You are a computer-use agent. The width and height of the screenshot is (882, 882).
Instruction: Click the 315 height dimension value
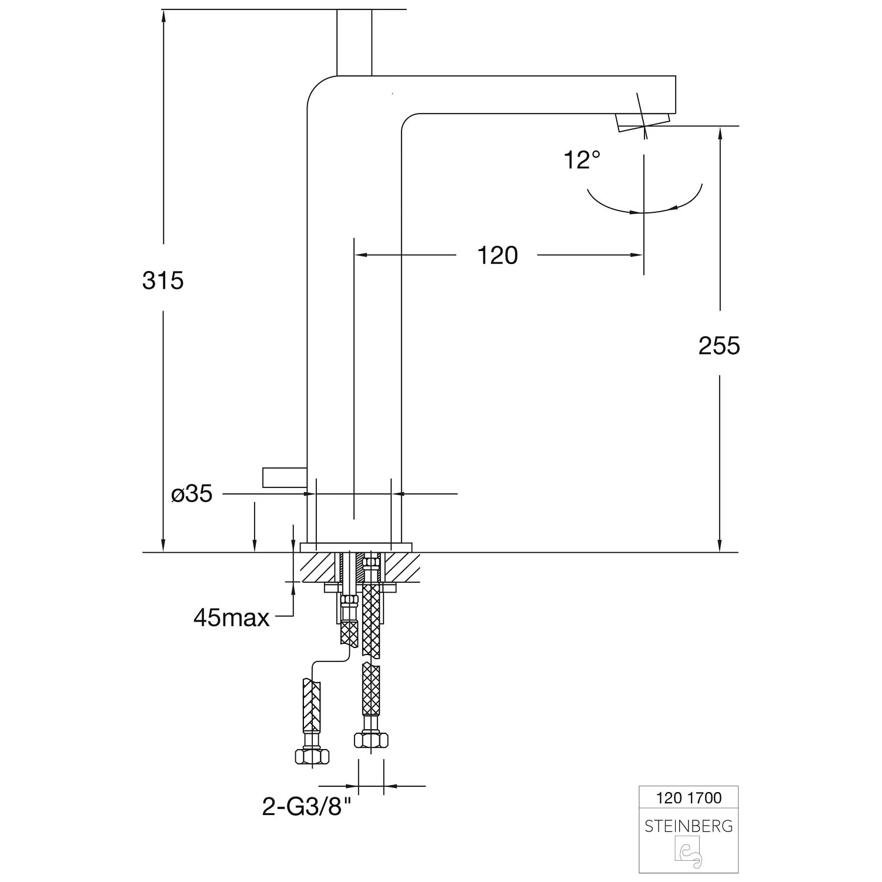pyautogui.click(x=163, y=280)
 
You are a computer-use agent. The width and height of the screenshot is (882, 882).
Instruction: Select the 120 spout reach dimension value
pyautogui.click(x=497, y=255)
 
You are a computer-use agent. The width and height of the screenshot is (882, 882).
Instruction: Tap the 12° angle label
pyautogui.click(x=582, y=159)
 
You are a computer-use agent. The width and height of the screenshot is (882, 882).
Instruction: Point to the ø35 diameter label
pyautogui.click(x=192, y=494)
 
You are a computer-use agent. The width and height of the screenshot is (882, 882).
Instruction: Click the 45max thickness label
pyautogui.click(x=232, y=617)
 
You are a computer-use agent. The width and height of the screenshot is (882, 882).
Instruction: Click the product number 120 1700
pyautogui.click(x=689, y=798)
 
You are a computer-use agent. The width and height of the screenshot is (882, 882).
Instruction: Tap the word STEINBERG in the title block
pyautogui.click(x=689, y=826)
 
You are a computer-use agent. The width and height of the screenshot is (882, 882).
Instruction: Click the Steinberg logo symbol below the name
pyautogui.click(x=689, y=854)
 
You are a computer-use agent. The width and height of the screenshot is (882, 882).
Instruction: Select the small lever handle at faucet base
pyautogui.click(x=285, y=477)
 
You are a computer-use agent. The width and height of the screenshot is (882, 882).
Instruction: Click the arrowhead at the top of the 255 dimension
pyautogui.click(x=719, y=133)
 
